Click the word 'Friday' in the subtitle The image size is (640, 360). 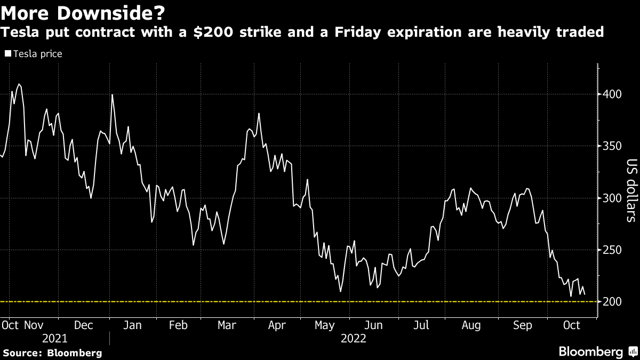356,33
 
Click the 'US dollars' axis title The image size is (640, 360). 631,190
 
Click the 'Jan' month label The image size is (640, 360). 132,325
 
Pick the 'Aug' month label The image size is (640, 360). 471,325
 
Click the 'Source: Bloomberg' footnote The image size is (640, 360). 52,353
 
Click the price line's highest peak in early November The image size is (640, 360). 19,84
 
